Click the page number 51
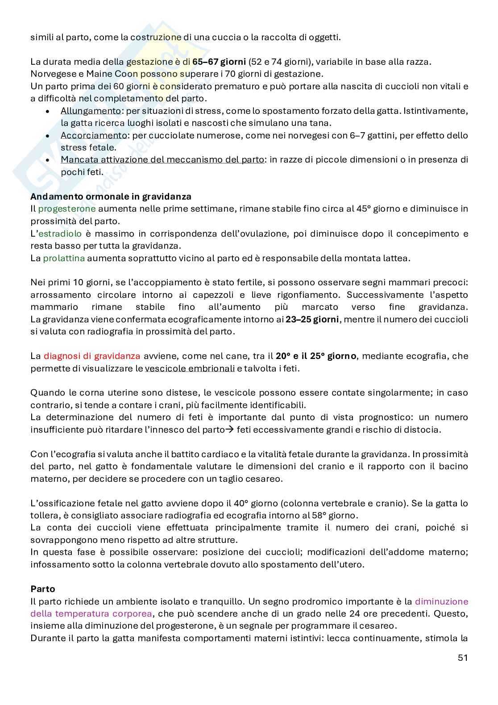coord(462,658)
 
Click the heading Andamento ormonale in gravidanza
coord(111,196)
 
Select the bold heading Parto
coord(42,589)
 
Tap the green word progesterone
coord(67,209)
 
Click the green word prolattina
coord(64,258)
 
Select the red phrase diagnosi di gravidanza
coord(92,356)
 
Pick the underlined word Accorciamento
coord(93,135)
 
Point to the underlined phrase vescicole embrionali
coord(190,368)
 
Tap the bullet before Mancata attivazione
coord(48,160)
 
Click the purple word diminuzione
coord(441,601)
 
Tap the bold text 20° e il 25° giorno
coord(316,356)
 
